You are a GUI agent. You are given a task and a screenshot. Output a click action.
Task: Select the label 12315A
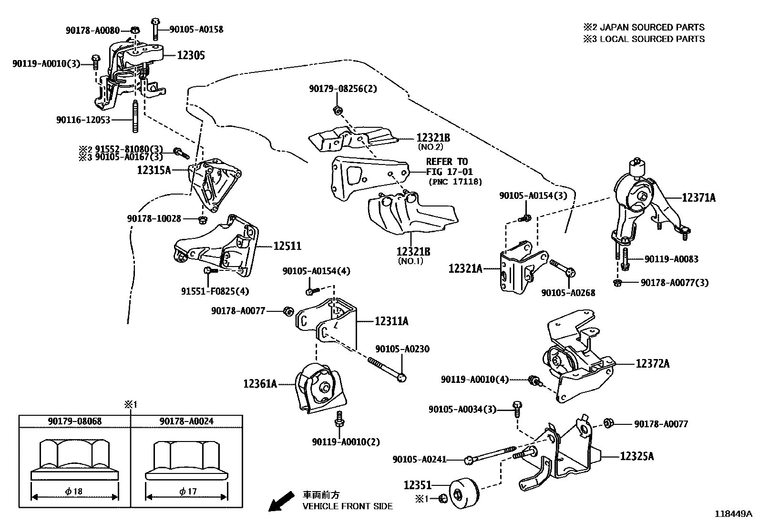tap(154, 170)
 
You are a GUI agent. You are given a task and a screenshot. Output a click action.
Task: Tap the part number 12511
tap(287, 246)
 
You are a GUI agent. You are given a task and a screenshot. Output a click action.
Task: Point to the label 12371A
tap(698, 197)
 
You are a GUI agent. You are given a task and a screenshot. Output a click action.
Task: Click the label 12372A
tap(652, 364)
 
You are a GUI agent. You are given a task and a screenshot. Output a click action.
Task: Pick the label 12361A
tap(260, 383)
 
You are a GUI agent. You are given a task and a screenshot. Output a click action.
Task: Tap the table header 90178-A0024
tap(186, 421)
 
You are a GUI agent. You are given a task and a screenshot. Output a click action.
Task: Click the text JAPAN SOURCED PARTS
tap(652, 27)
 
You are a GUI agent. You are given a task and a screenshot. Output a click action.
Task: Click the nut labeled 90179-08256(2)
tap(337, 111)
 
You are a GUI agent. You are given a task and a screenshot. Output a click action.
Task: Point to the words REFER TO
tap(447, 162)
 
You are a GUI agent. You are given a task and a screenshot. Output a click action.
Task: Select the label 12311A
tap(391, 321)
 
